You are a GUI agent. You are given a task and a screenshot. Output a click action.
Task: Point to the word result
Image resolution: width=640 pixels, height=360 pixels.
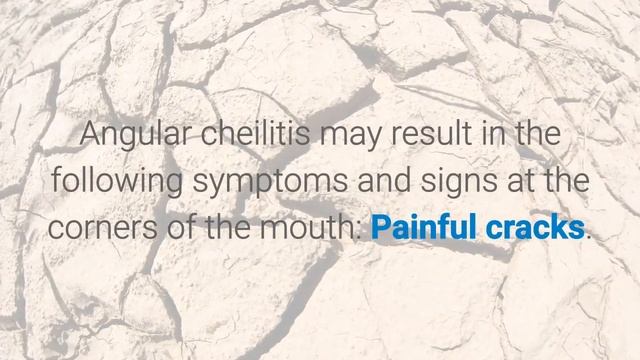click(420, 135)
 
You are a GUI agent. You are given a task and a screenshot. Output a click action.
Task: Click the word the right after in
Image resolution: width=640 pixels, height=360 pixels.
click(534, 135)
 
